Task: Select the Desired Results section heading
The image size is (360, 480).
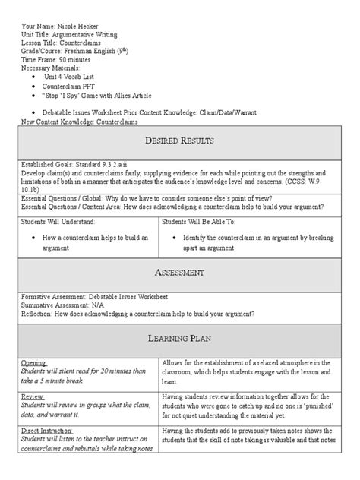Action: coord(179,141)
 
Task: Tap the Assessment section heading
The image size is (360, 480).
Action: coord(179,272)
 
